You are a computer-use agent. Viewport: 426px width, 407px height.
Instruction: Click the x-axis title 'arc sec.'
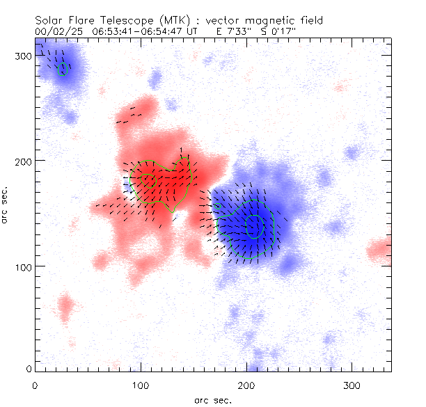pyautogui.click(x=212, y=399)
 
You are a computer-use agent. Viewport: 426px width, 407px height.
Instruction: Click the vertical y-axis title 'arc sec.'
pyautogui.click(x=6, y=205)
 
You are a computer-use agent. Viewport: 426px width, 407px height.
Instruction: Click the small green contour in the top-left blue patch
pyautogui.click(x=63, y=69)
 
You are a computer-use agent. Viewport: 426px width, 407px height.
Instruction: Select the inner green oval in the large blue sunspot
pyautogui.click(x=255, y=226)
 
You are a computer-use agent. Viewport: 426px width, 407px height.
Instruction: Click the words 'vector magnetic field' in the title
pyautogui.click(x=253, y=21)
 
